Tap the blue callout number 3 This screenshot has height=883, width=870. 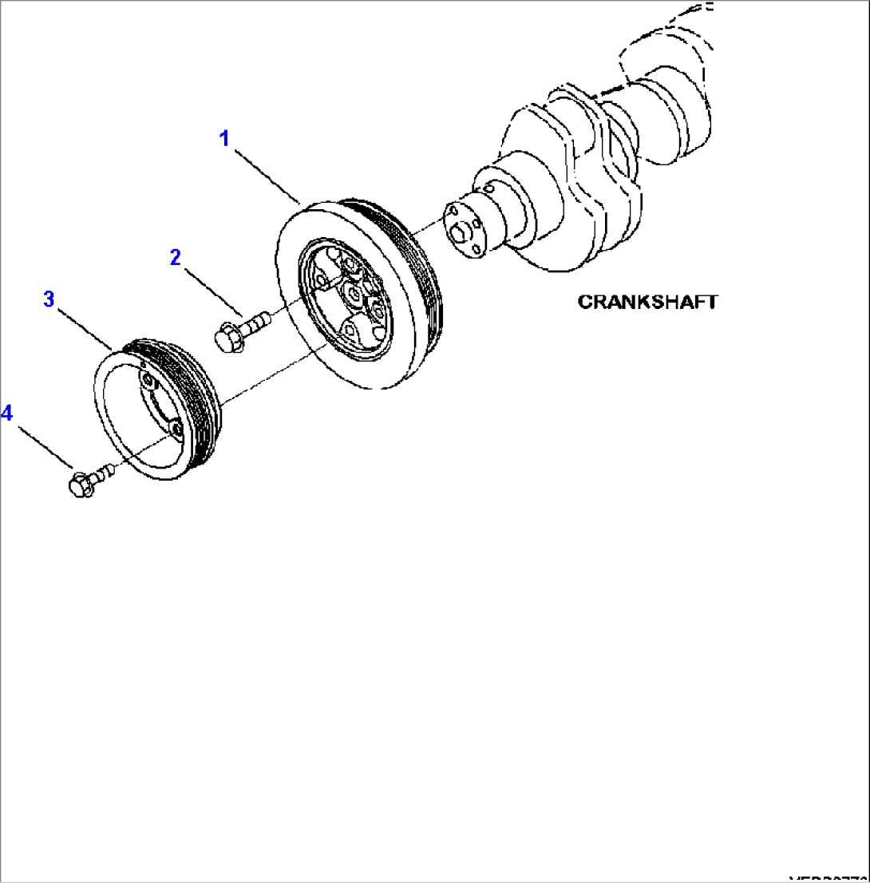[x=49, y=299]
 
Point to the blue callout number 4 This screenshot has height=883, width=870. [x=7, y=413]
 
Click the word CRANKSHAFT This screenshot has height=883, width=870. [x=647, y=302]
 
